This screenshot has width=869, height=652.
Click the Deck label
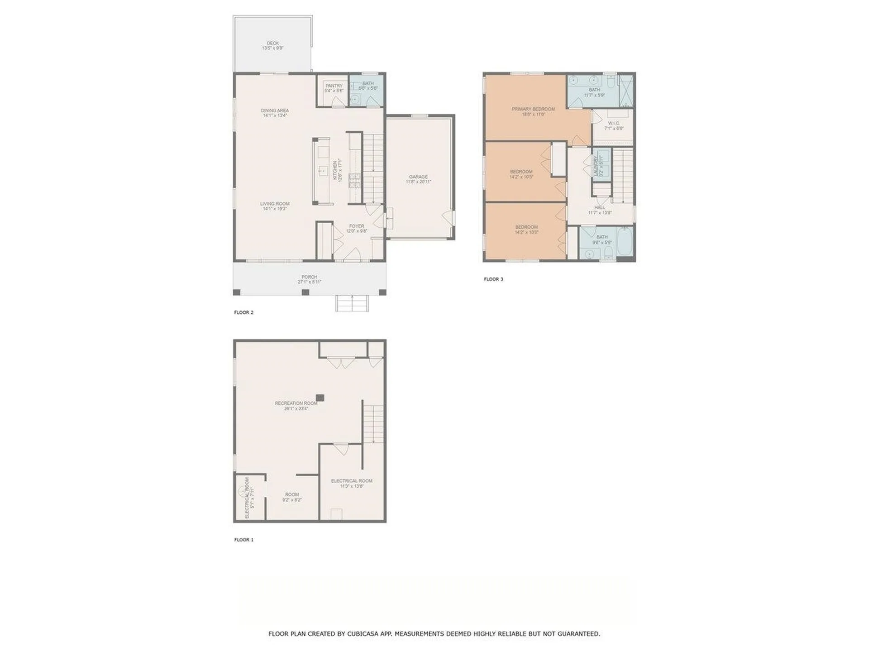pyautogui.click(x=272, y=43)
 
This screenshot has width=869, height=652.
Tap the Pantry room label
pyautogui.click(x=334, y=86)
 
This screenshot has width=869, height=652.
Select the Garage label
pyautogui.click(x=418, y=177)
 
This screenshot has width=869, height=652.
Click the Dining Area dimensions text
pyautogui.click(x=275, y=116)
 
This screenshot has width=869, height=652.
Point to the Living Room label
pyautogui.click(x=275, y=204)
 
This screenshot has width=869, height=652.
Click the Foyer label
pyautogui.click(x=357, y=226)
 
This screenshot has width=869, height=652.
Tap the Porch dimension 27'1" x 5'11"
pyautogui.click(x=310, y=282)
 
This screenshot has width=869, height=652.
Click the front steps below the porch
pyautogui.click(x=352, y=303)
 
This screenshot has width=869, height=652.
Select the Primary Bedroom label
pyautogui.click(x=533, y=109)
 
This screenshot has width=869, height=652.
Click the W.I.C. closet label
pyautogui.click(x=614, y=123)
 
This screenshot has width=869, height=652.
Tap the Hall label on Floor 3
pyautogui.click(x=600, y=207)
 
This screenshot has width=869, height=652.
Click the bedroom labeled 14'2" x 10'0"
pyautogui.click(x=526, y=230)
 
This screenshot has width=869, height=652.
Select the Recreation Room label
pyautogui.click(x=296, y=403)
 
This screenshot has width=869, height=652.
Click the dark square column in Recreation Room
pyautogui.click(x=320, y=398)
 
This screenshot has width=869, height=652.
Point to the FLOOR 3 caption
pyautogui.click(x=493, y=279)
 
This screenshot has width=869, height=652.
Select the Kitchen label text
pyautogui.click(x=335, y=170)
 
